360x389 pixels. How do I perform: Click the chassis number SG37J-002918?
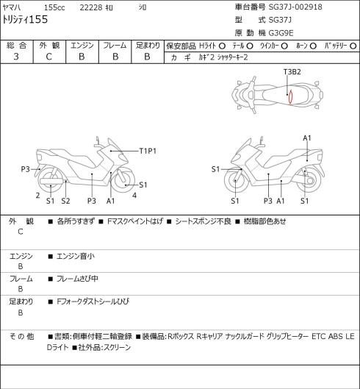pyautogui.click(x=295, y=7)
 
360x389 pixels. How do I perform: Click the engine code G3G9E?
pyautogui.click(x=281, y=33)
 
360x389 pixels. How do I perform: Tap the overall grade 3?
pyautogui.click(x=16, y=57)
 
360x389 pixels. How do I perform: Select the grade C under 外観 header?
pyautogui.click(x=48, y=57)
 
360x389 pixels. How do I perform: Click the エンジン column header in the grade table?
pyautogui.click(x=82, y=46)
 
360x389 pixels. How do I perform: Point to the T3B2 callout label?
pyautogui.click(x=292, y=72)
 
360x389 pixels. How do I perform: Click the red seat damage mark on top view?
pyautogui.click(x=291, y=96)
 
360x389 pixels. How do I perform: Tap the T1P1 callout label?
pyautogui.click(x=148, y=151)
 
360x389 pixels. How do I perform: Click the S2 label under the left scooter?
pyautogui.click(x=65, y=201)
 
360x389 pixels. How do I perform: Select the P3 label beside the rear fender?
pyautogui.click(x=25, y=169)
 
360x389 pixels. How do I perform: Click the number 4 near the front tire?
pyautogui.click(x=134, y=196)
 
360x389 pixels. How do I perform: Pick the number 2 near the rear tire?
pyautogui.click(x=37, y=196)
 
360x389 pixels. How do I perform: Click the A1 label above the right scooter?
pyautogui.click(x=307, y=138)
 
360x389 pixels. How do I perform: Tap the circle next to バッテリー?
pyautogui.click(x=353, y=46)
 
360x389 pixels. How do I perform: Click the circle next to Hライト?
pyautogui.click(x=222, y=46)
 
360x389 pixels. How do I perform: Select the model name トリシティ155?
pyautogui.click(x=25, y=20)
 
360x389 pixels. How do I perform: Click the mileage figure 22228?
pyautogui.click(x=91, y=7)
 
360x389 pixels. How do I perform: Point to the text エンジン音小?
pyautogui.click(x=76, y=256)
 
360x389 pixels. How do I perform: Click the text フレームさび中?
pyautogui.click(x=77, y=279)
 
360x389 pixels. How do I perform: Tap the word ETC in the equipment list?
pyautogui.click(x=318, y=337)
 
